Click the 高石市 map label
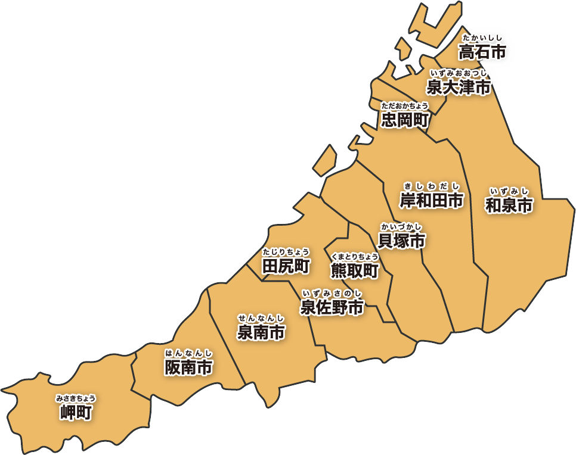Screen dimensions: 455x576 click(482, 52)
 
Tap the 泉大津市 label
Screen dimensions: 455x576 click(459, 88)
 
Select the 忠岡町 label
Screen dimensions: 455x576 click(405, 121)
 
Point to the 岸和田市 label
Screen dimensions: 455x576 click(431, 201)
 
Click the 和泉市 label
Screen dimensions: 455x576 click(509, 205)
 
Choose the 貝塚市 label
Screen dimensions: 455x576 click(401, 241)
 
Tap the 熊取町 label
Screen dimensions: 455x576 click(354, 272)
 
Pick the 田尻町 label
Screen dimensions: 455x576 click(286, 266)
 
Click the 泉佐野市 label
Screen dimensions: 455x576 click(332, 307)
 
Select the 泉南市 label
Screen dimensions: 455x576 click(261, 332)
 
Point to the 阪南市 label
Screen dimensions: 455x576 click(188, 367)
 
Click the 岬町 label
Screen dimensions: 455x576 click(76, 412)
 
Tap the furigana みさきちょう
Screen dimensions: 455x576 click(76, 398)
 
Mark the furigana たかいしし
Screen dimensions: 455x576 click(482, 38)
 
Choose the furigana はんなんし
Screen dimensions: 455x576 click(188, 353)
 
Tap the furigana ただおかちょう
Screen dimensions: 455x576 click(405, 106)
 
